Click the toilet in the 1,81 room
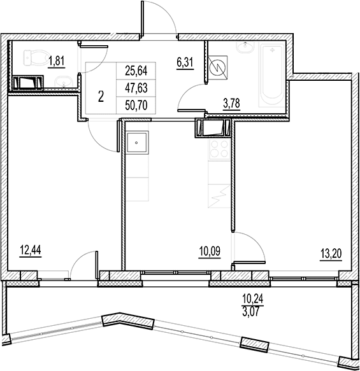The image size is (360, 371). (36, 58)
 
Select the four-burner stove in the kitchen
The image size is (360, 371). (219, 150)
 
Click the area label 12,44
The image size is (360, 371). (31, 250)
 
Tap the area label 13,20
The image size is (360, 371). (331, 255)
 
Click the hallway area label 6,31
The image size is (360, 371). (185, 63)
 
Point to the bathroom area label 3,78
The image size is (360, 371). (232, 103)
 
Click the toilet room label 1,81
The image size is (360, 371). (56, 61)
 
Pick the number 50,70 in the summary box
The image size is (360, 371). (136, 105)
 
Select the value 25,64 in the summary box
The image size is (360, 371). (136, 71)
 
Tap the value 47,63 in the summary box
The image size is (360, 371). (136, 88)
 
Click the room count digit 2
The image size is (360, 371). (101, 97)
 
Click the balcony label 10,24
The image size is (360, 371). (253, 298)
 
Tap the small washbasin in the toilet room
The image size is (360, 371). (64, 82)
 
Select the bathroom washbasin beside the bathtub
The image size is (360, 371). (245, 47)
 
